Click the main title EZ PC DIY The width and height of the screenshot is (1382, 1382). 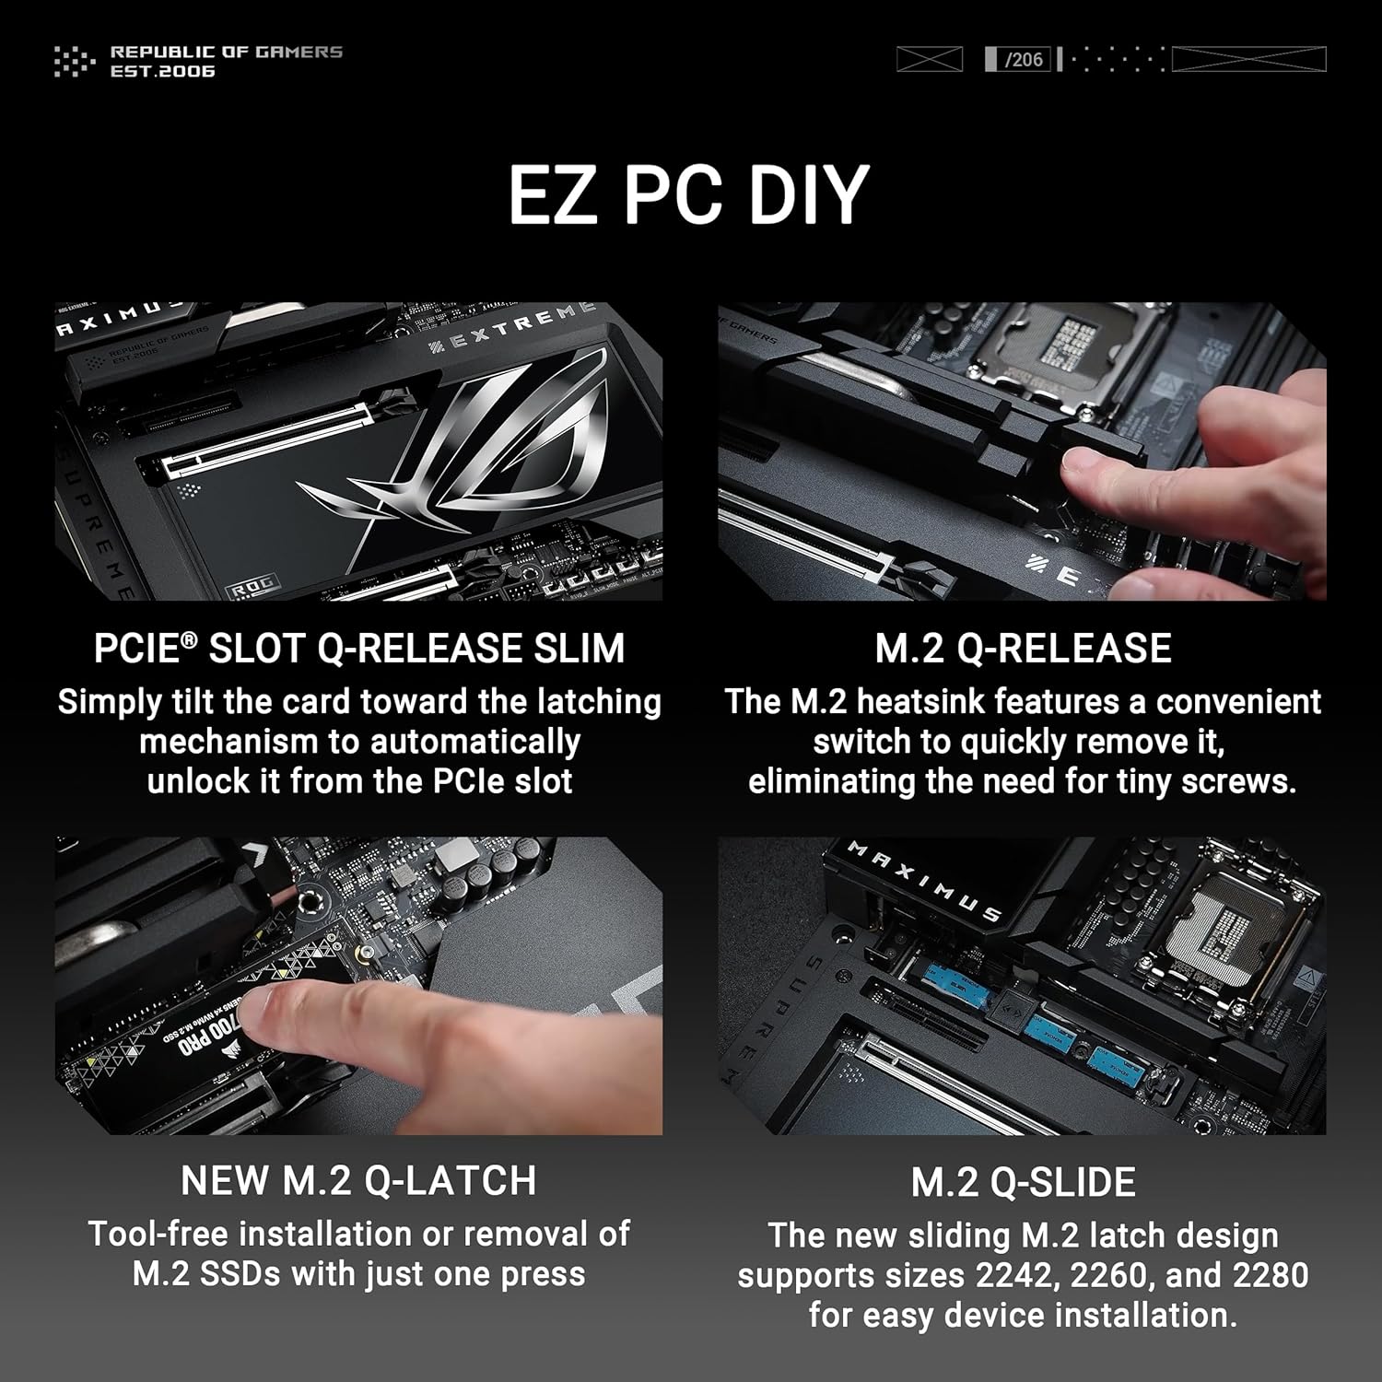[x=689, y=195]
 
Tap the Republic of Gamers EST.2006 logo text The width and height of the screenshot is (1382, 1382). [x=226, y=61]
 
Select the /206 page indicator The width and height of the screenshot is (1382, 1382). [x=1024, y=60]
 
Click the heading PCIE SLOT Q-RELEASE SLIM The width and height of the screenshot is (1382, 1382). [x=359, y=649]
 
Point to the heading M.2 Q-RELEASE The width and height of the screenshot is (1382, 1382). [x=1023, y=649]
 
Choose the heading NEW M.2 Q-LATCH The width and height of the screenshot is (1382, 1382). [x=358, y=1181]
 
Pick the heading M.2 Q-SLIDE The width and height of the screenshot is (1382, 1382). [x=1023, y=1183]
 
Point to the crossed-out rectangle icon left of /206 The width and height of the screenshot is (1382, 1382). [x=929, y=60]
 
